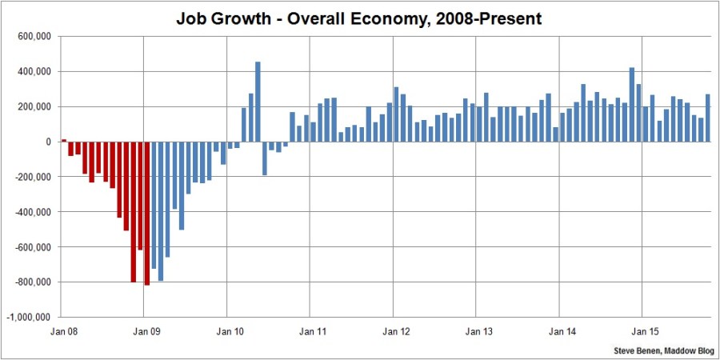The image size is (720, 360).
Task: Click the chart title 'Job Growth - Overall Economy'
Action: point(359,18)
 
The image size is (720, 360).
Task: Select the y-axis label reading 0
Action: point(49,142)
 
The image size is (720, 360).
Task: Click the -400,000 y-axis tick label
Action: point(33,212)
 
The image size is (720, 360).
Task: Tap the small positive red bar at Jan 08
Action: point(64,140)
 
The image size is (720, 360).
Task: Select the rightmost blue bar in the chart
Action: point(707,118)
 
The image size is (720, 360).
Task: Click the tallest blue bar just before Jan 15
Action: point(632,105)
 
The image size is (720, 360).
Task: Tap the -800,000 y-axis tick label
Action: point(33,282)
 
